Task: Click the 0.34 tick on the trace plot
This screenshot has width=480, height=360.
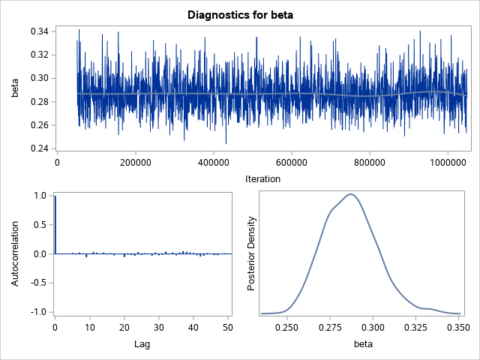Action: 39,31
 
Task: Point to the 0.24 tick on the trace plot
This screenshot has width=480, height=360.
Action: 39,148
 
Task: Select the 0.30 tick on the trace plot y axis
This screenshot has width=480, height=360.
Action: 39,78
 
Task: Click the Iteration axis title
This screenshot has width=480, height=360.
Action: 262,178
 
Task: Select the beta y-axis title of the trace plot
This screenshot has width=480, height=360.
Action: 14,90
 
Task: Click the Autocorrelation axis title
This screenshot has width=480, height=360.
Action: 14,253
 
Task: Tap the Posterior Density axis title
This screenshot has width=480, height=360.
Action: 252,253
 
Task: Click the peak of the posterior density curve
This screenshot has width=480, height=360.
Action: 350,194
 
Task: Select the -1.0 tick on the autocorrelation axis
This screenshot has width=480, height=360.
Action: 38,311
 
